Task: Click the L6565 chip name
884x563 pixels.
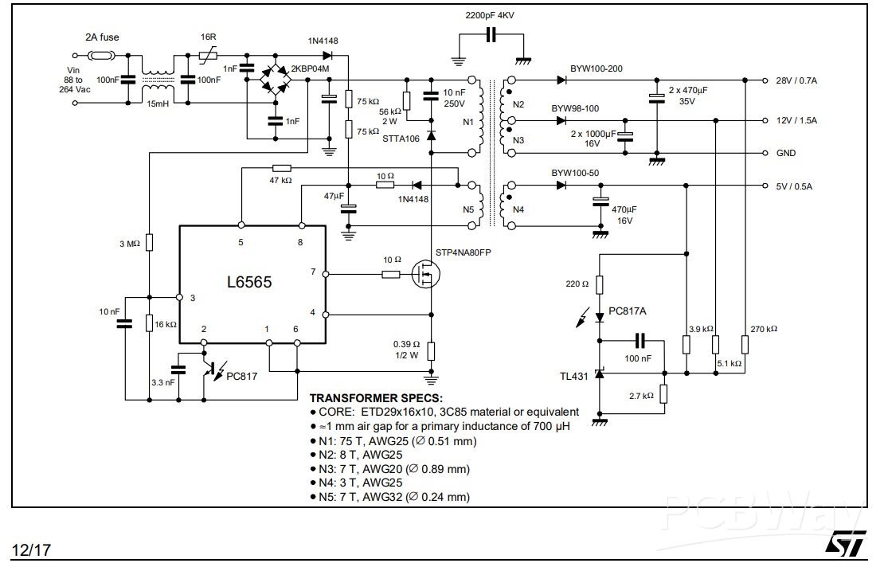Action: (249, 282)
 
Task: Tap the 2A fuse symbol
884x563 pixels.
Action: (101, 55)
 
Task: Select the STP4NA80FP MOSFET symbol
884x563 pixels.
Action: (425, 275)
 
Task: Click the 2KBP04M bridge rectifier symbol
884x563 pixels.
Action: (275, 80)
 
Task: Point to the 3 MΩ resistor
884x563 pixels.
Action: (150, 242)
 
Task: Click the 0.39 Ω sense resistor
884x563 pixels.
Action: (432, 351)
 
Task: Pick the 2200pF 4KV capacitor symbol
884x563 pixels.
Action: (491, 35)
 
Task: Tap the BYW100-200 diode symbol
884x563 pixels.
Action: (561, 80)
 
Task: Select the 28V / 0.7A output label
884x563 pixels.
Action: (796, 80)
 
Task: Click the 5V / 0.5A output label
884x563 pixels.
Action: (794, 186)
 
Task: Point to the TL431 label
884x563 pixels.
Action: (574, 376)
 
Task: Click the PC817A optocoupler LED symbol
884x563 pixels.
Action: (600, 318)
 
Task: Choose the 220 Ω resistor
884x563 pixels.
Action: (600, 284)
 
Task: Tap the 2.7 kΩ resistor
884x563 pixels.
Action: (663, 394)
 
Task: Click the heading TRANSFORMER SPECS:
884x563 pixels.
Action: (376, 398)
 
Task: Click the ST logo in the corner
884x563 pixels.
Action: (846, 544)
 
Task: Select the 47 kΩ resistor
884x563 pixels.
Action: (281, 167)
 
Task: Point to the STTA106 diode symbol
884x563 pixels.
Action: (432, 135)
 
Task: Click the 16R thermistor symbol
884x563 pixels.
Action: (208, 55)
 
